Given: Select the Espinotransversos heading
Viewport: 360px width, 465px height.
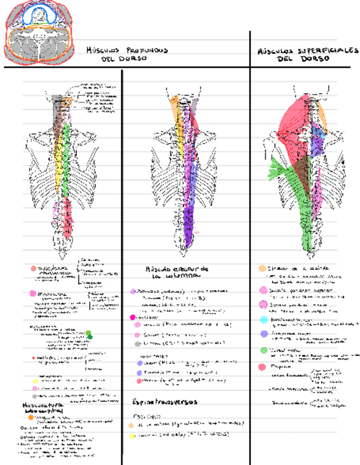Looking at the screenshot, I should [165, 401].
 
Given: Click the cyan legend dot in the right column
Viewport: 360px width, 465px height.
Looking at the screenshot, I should [264, 320].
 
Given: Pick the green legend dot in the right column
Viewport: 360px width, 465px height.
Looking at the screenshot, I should [264, 350].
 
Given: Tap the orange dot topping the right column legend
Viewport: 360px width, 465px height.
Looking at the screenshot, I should [262, 269].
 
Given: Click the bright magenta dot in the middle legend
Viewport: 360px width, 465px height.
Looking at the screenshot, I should [133, 317].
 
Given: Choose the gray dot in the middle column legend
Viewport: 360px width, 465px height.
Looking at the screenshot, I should [137, 344].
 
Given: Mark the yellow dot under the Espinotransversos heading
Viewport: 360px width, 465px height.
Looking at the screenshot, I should [132, 436].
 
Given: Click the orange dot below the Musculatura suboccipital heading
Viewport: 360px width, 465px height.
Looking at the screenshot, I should [31, 417].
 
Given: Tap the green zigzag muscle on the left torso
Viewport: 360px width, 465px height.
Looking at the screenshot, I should [66, 159].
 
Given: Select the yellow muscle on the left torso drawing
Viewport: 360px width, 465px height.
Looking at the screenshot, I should [59, 159].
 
